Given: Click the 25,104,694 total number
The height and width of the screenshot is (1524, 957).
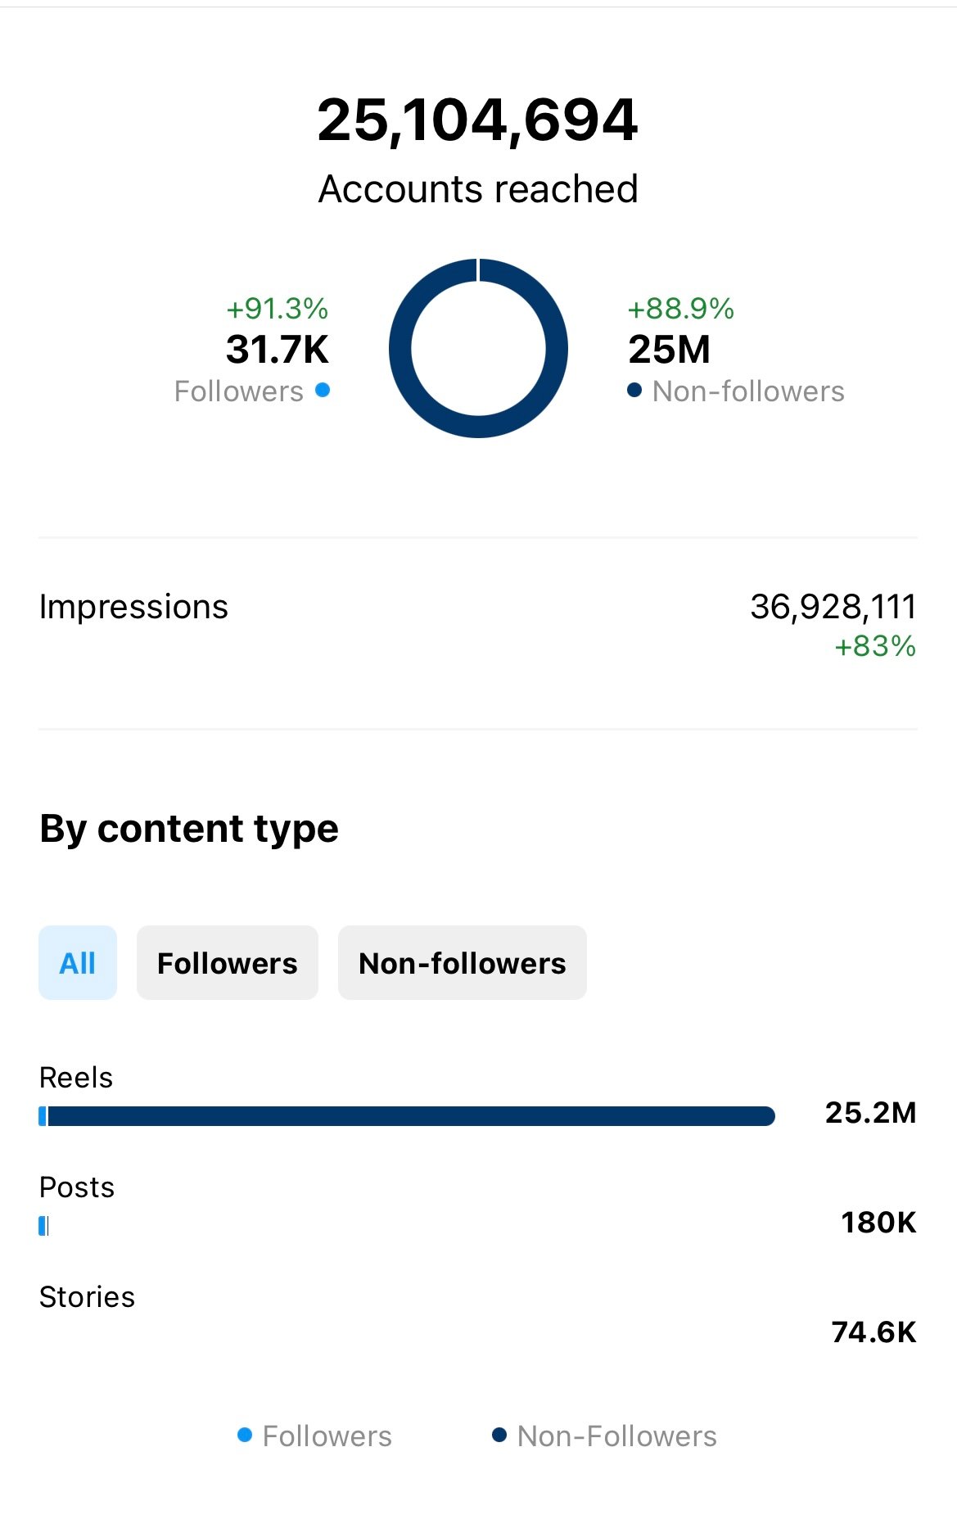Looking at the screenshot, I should tap(477, 120).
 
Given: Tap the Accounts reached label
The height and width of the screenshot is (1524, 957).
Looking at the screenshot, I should tap(478, 189).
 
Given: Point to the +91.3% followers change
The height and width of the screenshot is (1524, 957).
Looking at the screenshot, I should tap(277, 309).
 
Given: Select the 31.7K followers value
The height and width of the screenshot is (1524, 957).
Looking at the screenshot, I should tap(277, 350).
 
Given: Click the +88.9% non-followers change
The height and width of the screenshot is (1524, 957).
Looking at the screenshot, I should tap(680, 309).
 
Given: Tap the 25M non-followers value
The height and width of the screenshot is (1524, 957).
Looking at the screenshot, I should tap(669, 350).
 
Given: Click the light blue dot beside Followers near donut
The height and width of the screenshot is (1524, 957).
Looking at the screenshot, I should tap(323, 390).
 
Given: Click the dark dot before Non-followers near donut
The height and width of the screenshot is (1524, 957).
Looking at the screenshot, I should tap(634, 390).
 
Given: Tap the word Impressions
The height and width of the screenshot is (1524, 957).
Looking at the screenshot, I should tap(133, 607).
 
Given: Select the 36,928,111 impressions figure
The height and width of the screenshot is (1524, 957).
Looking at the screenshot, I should tap(833, 607).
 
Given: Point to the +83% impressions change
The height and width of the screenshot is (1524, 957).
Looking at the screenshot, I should tap(874, 646).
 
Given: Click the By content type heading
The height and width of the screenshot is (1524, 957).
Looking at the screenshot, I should tap(189, 829).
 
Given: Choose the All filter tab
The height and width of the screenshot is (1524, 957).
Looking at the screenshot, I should tap(78, 963).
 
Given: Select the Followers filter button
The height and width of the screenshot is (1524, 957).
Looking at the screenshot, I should tap(227, 963).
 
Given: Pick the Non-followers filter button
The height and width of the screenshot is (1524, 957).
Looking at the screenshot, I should tap(462, 963).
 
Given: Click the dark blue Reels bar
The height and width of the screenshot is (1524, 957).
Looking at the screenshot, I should tap(409, 1116).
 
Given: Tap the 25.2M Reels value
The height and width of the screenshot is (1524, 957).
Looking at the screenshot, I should tap(870, 1113).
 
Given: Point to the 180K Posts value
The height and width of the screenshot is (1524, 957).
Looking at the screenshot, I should tap(878, 1223).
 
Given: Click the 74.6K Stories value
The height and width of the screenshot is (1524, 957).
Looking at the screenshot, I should tap(873, 1332).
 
